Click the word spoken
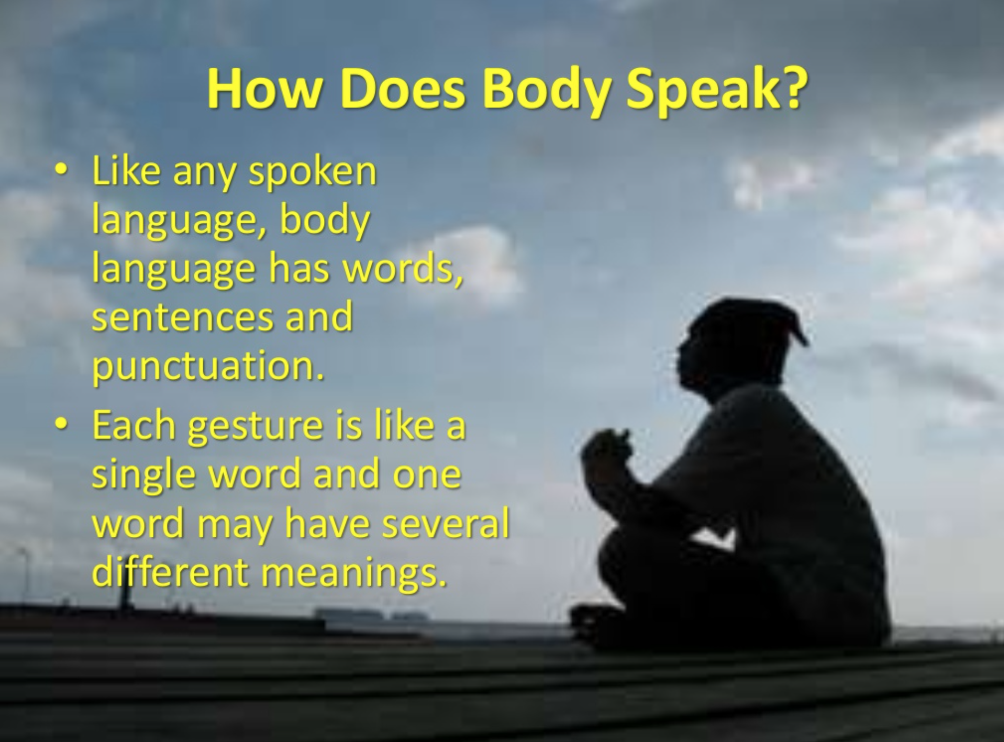pos(312,174)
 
